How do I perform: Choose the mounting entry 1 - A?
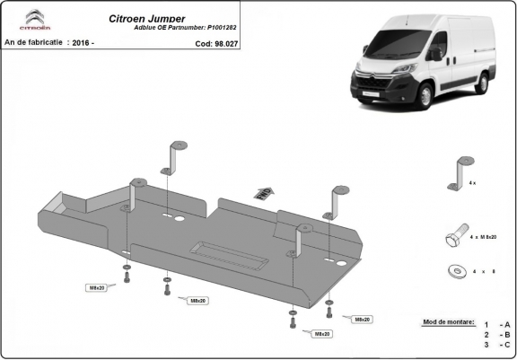497,324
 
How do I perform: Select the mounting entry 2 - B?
497,334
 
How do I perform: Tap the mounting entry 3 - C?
497,344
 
